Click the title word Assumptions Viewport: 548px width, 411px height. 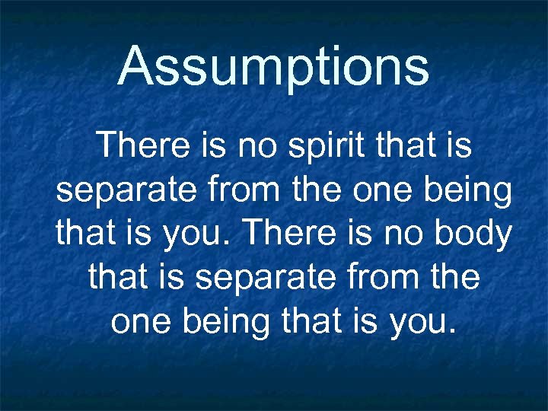point(274,67)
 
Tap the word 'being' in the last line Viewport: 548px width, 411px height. point(220,321)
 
